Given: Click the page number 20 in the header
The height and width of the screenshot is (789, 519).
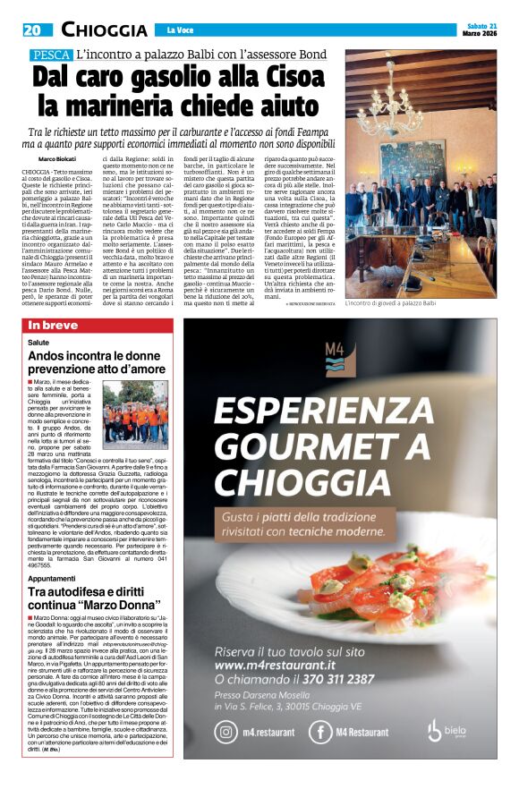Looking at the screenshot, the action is (x=34, y=30).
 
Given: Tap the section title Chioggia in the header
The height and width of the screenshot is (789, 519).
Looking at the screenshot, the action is (x=104, y=30).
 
